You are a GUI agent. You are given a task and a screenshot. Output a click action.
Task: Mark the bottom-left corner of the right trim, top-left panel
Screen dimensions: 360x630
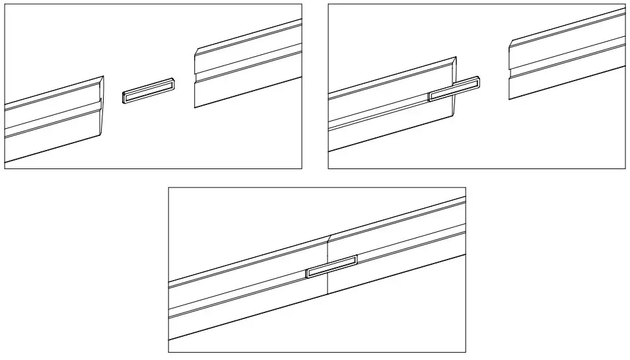(x=194, y=106)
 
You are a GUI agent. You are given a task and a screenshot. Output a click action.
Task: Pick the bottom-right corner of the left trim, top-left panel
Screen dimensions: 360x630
(x=98, y=136)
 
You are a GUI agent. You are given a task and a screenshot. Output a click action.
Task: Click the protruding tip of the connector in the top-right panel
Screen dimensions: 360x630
(x=477, y=81)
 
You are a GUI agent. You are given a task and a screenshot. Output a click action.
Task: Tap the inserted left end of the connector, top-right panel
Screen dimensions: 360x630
(x=431, y=97)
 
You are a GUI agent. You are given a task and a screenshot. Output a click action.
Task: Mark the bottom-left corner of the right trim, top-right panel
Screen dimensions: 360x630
(x=509, y=100)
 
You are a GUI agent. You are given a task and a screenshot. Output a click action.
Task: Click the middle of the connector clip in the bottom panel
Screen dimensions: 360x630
(x=332, y=266)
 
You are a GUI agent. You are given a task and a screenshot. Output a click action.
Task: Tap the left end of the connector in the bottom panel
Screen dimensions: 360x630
(x=308, y=273)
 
